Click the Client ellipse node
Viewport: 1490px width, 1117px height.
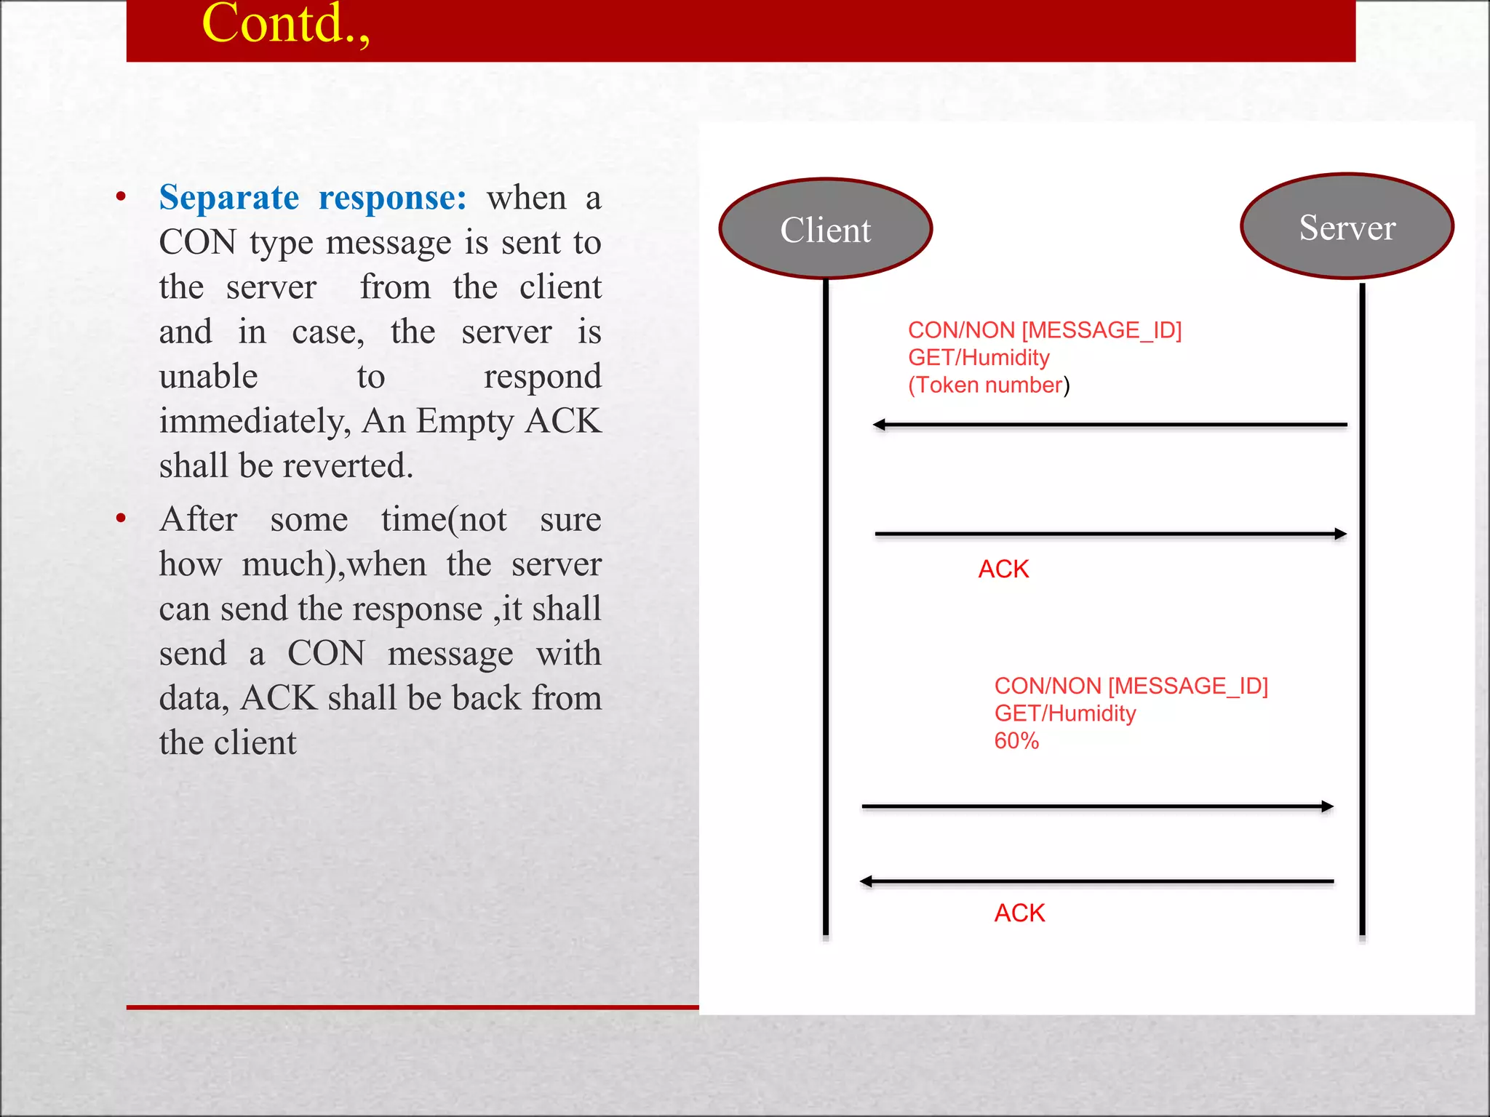pyautogui.click(x=826, y=229)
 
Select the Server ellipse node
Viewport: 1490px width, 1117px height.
pyautogui.click(x=1347, y=227)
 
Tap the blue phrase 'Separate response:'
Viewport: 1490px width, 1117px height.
pyautogui.click(x=313, y=198)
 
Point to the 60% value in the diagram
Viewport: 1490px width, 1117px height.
pyautogui.click(x=1016, y=741)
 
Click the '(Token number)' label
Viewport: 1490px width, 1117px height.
pyautogui.click(x=989, y=385)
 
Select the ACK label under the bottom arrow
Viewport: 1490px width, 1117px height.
pyautogui.click(x=1019, y=913)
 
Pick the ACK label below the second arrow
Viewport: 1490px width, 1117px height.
pyautogui.click(x=1003, y=569)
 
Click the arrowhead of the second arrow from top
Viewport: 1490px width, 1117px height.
pyautogui.click(x=1340, y=534)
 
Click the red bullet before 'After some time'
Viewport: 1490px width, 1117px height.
pyautogui.click(x=121, y=519)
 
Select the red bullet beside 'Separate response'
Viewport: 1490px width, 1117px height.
pyautogui.click(x=121, y=196)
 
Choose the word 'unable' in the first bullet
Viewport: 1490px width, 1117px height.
pyautogui.click(x=209, y=377)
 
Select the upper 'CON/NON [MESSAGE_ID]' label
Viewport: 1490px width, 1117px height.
pyautogui.click(x=1045, y=330)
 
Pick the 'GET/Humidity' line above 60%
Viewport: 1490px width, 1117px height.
pyautogui.click(x=1065, y=713)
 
